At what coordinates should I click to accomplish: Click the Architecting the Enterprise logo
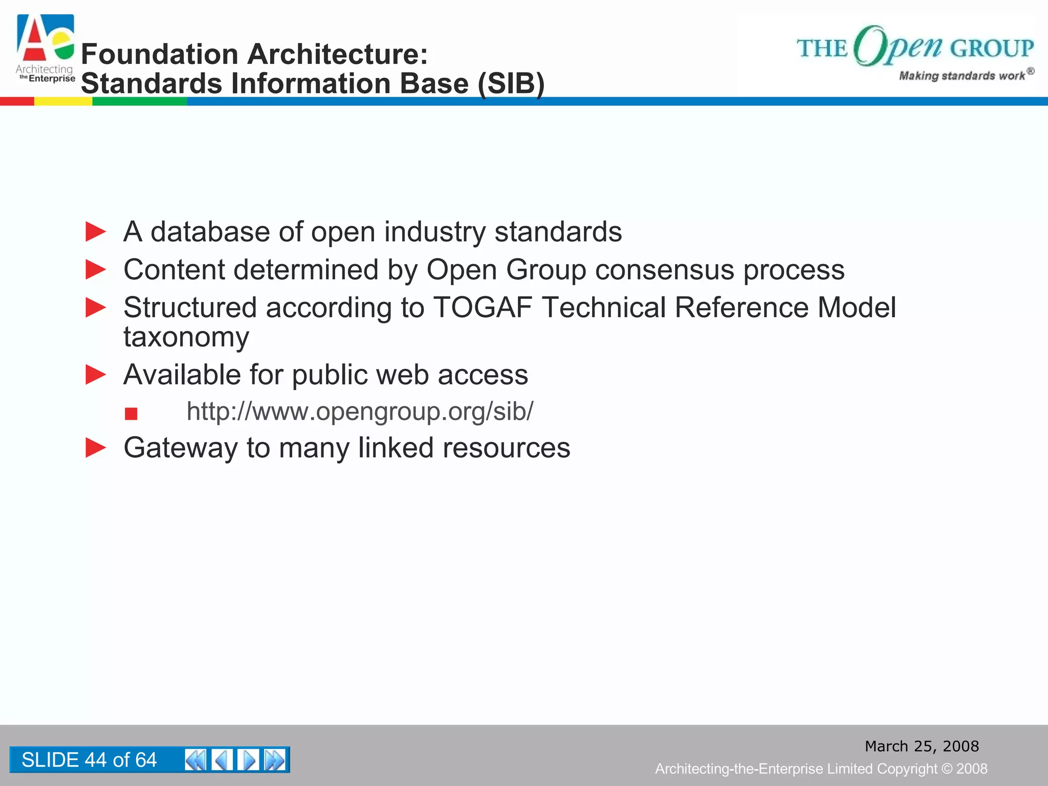point(45,49)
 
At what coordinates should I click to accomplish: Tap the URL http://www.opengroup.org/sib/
point(360,411)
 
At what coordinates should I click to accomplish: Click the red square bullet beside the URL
point(131,413)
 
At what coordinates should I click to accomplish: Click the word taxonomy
point(186,337)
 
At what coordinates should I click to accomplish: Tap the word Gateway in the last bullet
point(181,448)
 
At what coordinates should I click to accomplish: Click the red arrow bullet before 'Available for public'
point(96,375)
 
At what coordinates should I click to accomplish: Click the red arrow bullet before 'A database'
point(96,232)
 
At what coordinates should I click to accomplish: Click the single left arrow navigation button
point(222,760)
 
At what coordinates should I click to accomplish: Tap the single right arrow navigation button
point(248,760)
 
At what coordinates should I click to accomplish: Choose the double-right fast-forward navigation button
point(275,760)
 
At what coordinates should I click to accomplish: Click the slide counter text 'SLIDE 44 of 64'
point(89,760)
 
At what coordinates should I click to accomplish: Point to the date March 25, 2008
point(922,746)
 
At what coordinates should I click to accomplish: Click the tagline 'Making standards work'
point(962,76)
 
